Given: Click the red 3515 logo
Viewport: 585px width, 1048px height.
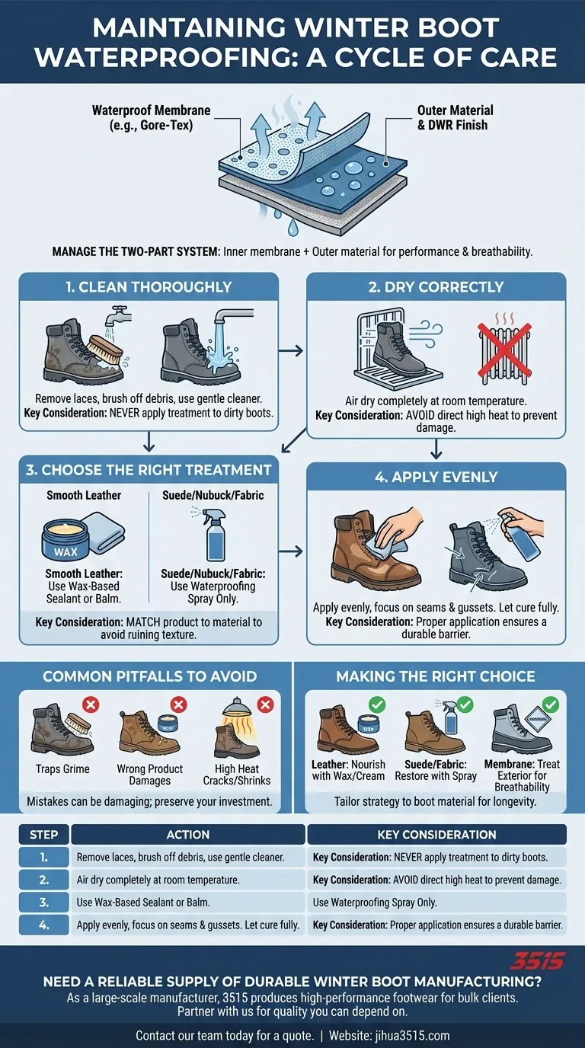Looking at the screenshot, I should (x=538, y=960).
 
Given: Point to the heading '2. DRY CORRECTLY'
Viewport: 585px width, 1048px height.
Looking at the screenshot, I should (x=436, y=287).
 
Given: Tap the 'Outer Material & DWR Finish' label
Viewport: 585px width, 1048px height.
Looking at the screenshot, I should (x=455, y=118).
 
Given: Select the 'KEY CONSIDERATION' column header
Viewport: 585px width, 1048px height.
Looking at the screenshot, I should (x=436, y=834).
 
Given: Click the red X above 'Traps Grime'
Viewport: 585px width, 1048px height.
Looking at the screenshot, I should (x=90, y=705).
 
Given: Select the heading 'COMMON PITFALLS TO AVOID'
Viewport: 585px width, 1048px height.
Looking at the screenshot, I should (x=149, y=676).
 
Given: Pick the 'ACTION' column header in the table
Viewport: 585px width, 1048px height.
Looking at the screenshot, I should (x=187, y=834).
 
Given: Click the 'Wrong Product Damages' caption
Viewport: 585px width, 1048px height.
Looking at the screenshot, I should (x=150, y=775).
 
